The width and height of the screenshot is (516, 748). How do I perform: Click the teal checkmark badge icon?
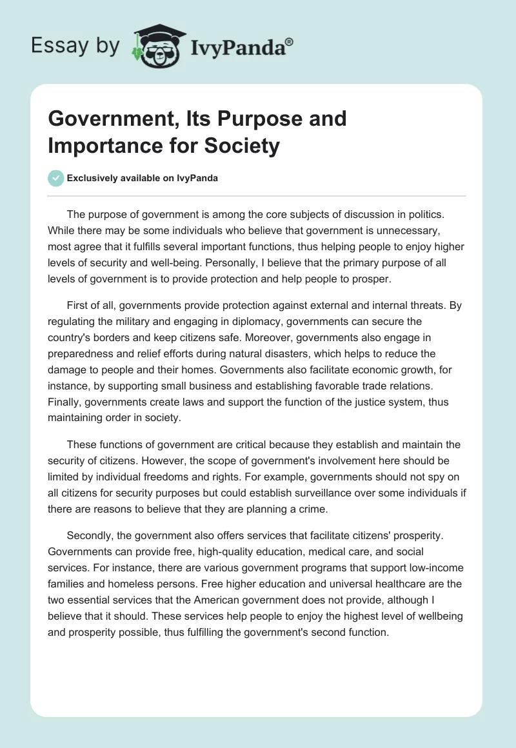click(55, 178)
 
